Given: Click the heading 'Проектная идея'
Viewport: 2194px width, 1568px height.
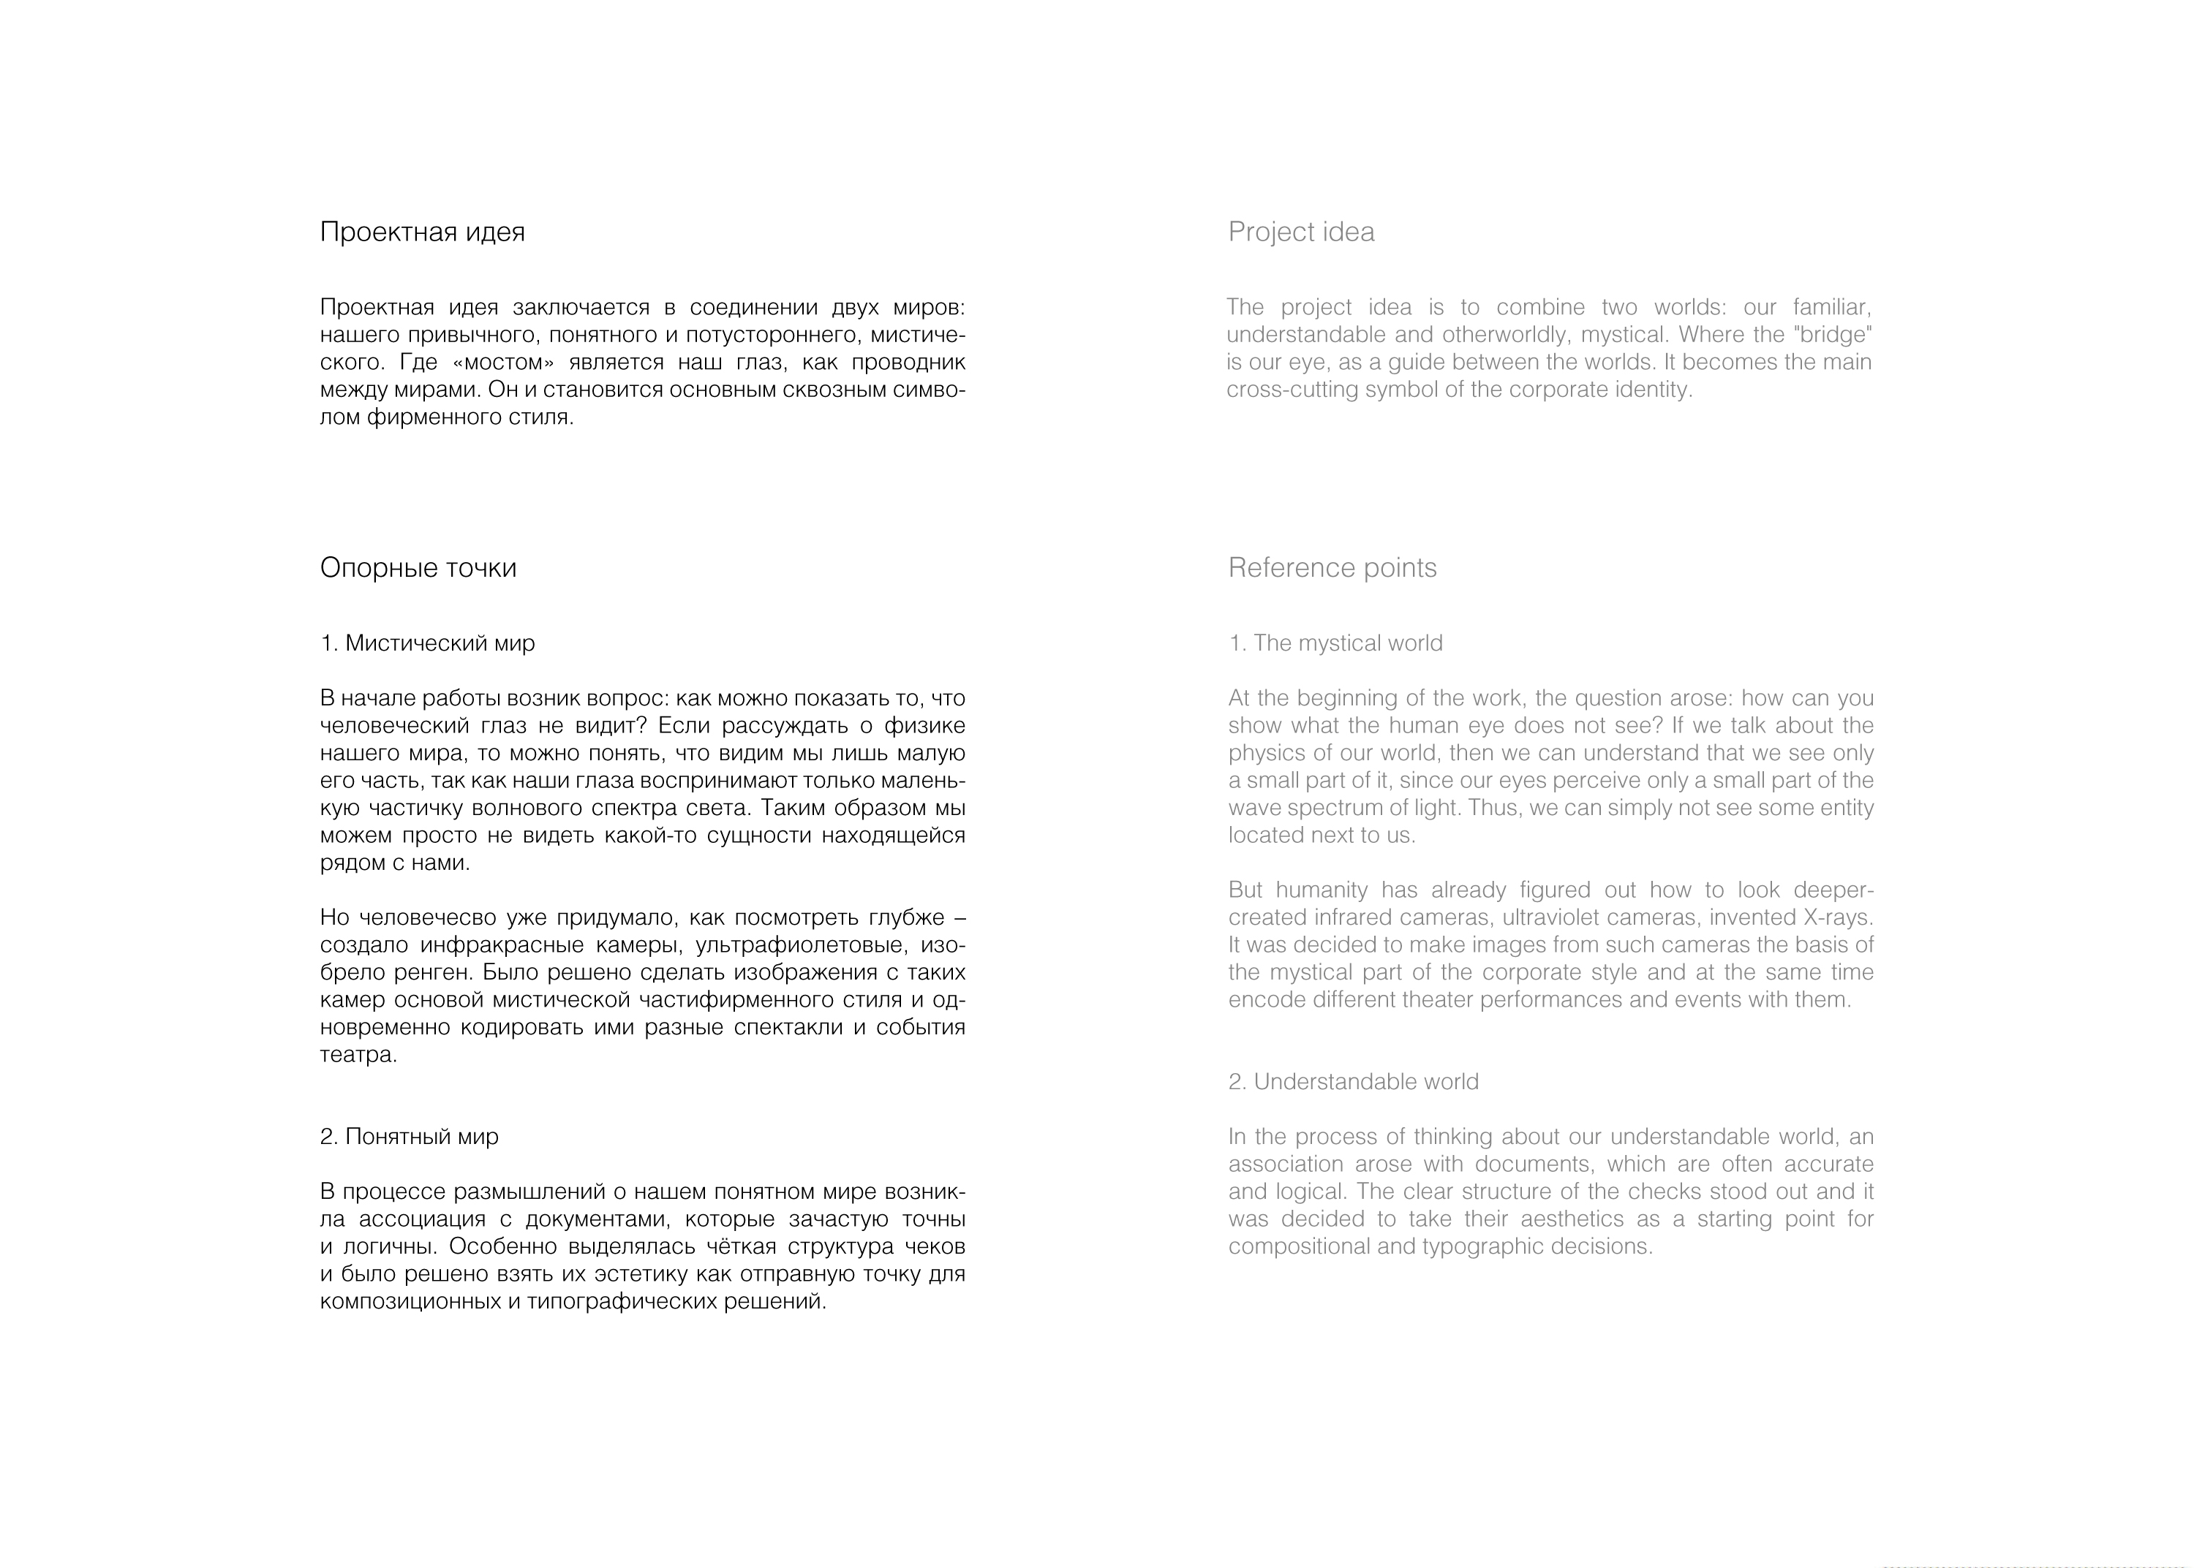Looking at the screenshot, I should [422, 232].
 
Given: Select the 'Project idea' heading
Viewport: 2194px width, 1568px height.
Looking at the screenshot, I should [1301, 232].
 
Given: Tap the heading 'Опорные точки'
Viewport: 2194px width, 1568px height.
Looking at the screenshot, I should [418, 568].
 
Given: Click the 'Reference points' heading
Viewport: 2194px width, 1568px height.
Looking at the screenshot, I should [1332, 568].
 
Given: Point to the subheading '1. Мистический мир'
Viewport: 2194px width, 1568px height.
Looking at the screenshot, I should [427, 643].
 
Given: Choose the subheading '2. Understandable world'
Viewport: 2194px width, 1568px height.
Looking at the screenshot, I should [1353, 1081].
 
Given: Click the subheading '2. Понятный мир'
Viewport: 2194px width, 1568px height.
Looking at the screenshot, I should [410, 1137].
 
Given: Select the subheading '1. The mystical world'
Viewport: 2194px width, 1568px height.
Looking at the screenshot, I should [1335, 643].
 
